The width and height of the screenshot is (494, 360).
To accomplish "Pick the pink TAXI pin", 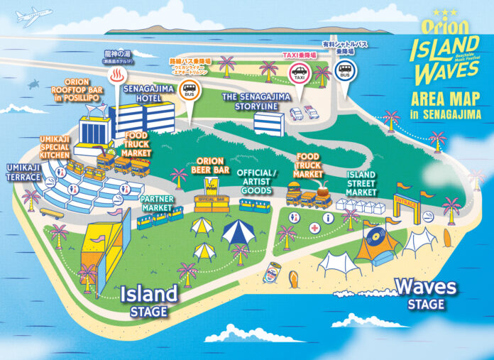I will [x=298, y=72].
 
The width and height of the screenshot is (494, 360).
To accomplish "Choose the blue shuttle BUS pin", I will [x=346, y=72].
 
